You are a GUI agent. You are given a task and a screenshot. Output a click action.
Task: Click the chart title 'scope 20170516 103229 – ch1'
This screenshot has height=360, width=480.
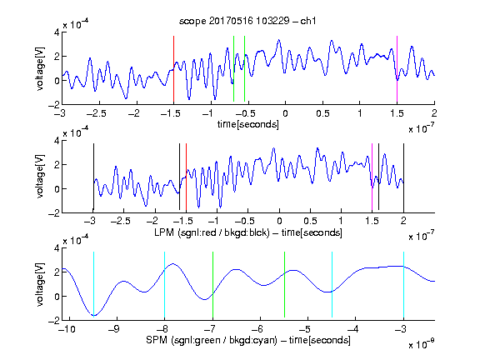click(247, 21)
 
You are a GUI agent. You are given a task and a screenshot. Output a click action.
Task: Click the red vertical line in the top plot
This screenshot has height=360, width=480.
click(173, 69)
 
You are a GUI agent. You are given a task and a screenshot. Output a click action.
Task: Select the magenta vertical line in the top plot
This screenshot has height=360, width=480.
click(397, 69)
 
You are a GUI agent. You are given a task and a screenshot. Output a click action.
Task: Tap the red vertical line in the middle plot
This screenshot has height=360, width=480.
click(186, 177)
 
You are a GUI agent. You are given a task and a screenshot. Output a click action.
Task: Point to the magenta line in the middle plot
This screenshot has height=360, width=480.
click(372, 177)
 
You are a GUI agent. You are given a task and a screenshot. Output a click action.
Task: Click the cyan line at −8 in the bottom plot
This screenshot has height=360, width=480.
click(164, 285)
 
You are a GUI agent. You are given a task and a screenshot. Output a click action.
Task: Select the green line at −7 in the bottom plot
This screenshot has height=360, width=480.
click(212, 285)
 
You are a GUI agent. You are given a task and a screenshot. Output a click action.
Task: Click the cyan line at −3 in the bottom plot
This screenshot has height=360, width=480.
click(403, 285)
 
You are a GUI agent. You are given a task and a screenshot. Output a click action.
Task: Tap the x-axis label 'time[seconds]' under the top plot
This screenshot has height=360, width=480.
click(248, 124)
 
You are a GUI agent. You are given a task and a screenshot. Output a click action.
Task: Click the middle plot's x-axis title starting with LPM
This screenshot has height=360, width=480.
click(248, 232)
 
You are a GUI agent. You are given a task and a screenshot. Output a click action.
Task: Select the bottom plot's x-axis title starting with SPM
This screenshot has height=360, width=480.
click(248, 340)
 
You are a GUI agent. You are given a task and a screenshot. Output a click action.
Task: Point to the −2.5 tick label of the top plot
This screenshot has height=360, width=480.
click(96, 113)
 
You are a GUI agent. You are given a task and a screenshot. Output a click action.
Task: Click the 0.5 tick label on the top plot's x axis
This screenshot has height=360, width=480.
click(322, 113)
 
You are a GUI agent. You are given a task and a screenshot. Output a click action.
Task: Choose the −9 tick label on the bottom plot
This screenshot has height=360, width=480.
click(114, 329)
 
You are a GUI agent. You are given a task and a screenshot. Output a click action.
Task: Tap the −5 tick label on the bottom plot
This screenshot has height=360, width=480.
click(307, 329)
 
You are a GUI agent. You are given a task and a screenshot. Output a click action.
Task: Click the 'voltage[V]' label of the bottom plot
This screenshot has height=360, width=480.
click(40, 284)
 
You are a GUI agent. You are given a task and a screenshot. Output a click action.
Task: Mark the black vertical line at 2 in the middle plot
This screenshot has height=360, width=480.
click(403, 177)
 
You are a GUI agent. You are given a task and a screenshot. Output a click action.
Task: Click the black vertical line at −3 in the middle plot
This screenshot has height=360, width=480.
click(93, 177)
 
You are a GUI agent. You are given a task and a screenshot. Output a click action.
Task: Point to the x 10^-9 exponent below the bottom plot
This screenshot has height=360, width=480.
click(422, 344)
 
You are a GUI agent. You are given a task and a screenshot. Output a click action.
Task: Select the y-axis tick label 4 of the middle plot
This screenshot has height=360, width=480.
click(57, 141)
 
